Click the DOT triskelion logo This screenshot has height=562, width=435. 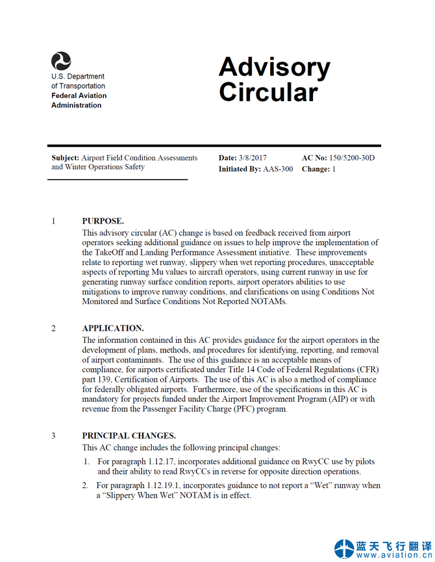(x=61, y=62)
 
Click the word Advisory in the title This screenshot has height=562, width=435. (x=274, y=67)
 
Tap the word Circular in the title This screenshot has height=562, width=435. (x=268, y=92)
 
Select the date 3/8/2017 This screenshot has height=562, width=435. (x=252, y=158)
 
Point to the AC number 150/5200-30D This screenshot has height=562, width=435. (x=352, y=158)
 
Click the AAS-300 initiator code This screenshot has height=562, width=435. (x=278, y=169)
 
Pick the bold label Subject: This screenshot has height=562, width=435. (x=66, y=158)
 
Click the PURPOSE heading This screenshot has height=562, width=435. (x=103, y=221)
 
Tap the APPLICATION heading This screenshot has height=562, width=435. (x=113, y=328)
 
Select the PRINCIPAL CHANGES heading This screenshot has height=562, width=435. (x=129, y=436)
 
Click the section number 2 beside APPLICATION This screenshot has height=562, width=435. (x=54, y=328)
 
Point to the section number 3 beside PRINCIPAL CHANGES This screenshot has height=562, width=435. (x=54, y=436)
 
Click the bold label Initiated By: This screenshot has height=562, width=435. (x=240, y=169)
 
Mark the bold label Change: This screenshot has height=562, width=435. (x=316, y=169)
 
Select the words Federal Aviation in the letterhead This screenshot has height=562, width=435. (x=79, y=95)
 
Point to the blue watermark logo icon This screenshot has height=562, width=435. (x=344, y=548)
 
